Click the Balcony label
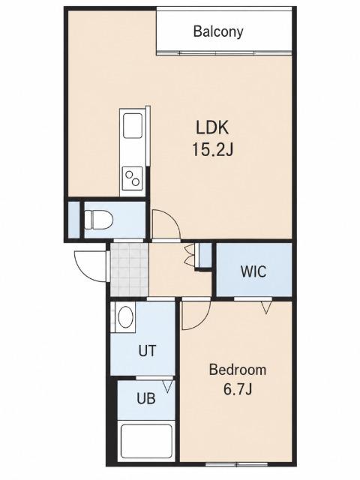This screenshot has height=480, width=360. (x=218, y=31)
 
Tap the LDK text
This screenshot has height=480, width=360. (x=212, y=127)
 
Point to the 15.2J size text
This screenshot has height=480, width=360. (x=212, y=150)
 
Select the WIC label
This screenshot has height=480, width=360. (x=253, y=271)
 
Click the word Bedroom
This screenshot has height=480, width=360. (x=238, y=370)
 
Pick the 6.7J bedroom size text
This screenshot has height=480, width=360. (x=238, y=389)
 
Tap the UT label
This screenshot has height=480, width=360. (x=147, y=351)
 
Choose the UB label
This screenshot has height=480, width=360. (x=146, y=398)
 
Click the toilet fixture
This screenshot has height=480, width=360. (x=98, y=220)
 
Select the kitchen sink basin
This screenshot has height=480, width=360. (x=133, y=126)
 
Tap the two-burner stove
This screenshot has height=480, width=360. (x=133, y=178)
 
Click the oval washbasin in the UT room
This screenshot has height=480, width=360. (x=126, y=316)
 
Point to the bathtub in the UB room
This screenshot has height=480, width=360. (x=146, y=442)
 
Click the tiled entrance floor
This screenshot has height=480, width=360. (x=130, y=270)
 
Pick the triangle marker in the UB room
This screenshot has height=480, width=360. (x=168, y=387)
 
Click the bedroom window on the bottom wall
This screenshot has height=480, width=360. (x=237, y=464)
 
